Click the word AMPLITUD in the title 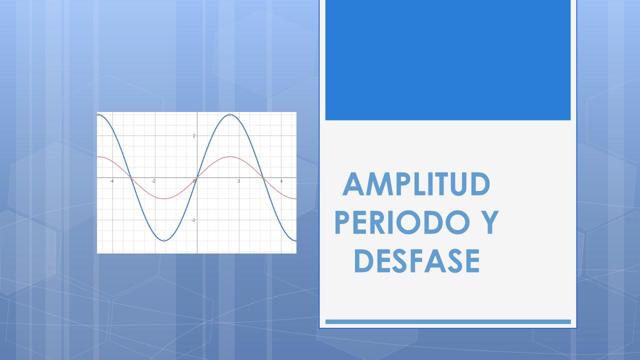coord(416,184)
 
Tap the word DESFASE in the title coord(417,261)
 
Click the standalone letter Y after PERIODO coord(489,222)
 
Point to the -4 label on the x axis coord(111,181)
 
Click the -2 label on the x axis coord(153,181)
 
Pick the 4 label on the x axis coord(281,181)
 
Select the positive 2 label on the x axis coord(239,181)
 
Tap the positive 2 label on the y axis coord(194,135)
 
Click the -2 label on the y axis coord(193,220)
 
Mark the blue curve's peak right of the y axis coord(230,115)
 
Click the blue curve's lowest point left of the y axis coord(163,241)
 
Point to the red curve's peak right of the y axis coord(230,156)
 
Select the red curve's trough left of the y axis coord(163,198)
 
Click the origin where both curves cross coord(197,177)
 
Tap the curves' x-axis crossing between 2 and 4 coord(263,177)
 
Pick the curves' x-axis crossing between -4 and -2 coord(131,177)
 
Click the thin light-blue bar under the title coord(448,321)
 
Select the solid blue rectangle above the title coord(448,60)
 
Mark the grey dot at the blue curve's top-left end coord(98,114)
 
